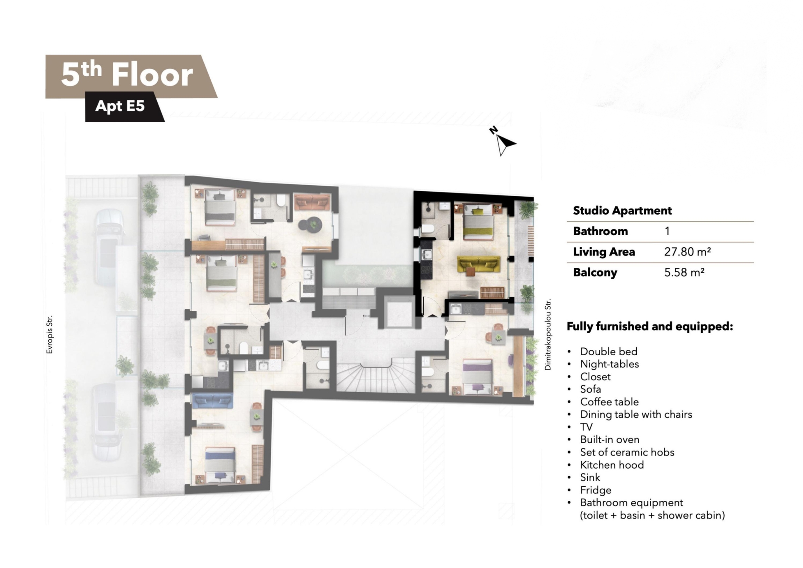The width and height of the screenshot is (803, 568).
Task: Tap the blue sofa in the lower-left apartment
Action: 213,401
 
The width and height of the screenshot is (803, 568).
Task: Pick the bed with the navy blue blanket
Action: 220,465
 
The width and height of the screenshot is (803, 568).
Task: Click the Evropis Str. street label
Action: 49,335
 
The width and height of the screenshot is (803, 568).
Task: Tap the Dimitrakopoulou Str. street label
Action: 548,334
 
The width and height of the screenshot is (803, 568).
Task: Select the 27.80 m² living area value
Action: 687,252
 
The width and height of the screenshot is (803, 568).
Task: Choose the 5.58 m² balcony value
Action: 684,272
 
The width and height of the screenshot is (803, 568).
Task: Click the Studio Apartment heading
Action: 622,211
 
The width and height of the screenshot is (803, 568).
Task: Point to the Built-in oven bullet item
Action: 610,439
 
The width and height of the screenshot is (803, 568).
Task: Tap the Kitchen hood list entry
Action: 612,465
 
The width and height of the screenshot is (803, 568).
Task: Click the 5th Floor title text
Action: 127,75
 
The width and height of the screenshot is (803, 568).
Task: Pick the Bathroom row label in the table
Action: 600,231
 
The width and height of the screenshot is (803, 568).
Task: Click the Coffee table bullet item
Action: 609,402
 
